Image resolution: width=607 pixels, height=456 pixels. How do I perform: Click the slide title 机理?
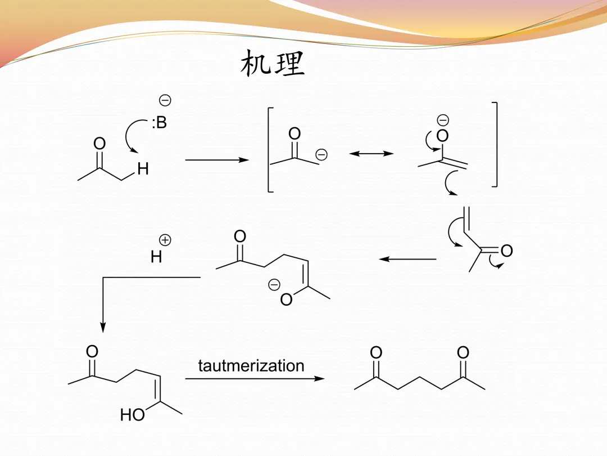tap(273, 63)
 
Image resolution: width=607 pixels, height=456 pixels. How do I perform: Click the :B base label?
tap(159, 123)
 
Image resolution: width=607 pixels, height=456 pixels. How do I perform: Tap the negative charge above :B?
tap(165, 101)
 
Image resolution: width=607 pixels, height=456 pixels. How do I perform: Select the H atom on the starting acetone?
tap(143, 169)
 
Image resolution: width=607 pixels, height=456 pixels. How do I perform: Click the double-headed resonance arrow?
tap(372, 153)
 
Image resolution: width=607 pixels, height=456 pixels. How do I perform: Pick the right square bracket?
tap(494, 144)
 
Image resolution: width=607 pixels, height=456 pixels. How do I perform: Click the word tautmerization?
tap(251, 366)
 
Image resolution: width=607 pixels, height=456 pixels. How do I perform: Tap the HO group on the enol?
tap(133, 415)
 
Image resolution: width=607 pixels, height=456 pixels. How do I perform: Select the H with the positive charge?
tap(156, 257)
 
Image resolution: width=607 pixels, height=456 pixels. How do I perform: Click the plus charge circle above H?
tap(165, 240)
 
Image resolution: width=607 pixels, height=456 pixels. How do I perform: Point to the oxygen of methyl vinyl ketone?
tap(506, 251)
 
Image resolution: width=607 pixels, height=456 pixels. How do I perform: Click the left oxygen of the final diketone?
tap(376, 353)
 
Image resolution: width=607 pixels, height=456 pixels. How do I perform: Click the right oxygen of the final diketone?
tap(463, 353)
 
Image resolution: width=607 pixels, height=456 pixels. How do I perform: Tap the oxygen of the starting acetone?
tap(99, 144)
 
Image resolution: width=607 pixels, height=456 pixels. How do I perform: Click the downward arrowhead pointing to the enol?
tap(102, 327)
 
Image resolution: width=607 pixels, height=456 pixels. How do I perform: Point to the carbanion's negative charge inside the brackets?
tap(321, 154)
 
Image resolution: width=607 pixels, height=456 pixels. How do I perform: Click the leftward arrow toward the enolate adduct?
tap(407, 260)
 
